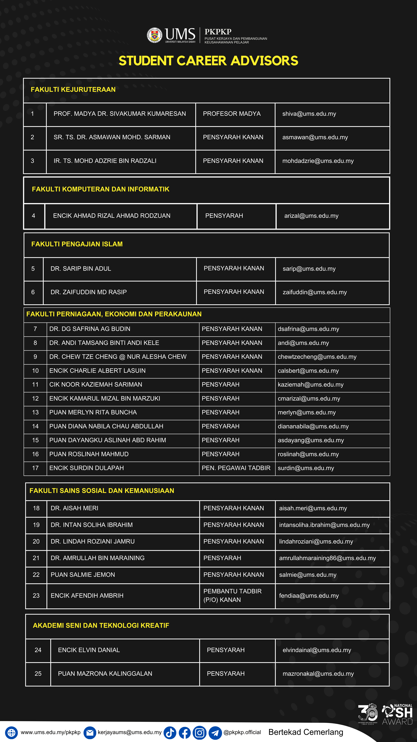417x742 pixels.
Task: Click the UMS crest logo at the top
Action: [x=155, y=35]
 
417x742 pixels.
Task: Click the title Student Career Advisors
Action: [x=208, y=61]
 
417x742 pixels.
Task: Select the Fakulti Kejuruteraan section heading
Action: [x=73, y=90]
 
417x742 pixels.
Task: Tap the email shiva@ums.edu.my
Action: [x=309, y=114]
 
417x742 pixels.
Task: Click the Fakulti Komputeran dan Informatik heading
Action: [x=100, y=189]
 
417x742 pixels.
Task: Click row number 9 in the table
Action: [x=35, y=357]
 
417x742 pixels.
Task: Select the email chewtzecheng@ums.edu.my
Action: [x=317, y=357]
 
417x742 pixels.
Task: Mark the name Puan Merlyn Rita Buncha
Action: [x=93, y=412]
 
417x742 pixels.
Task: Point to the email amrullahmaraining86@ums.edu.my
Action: [x=327, y=558]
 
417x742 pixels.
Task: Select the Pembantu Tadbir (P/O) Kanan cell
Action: [x=232, y=595]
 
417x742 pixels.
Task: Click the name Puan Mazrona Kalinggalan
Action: [x=105, y=673]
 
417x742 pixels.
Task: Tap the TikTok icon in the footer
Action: [x=170, y=732]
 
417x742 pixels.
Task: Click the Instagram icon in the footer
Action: [x=199, y=732]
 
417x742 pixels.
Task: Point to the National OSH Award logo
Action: [x=397, y=714]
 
